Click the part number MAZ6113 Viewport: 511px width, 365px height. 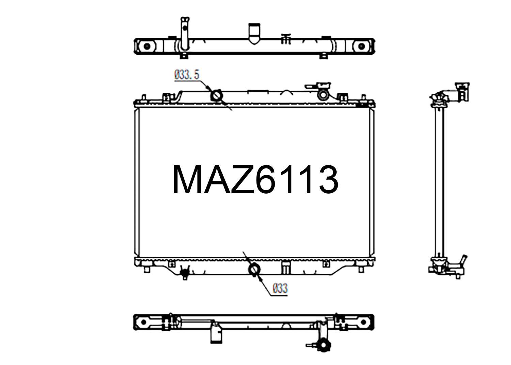click(255, 180)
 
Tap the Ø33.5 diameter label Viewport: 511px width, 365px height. click(187, 75)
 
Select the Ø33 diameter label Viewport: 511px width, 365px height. click(280, 288)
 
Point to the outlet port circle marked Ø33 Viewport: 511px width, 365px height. click(254, 269)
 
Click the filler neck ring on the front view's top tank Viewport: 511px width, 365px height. click(323, 94)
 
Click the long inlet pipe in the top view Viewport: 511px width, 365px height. click(184, 34)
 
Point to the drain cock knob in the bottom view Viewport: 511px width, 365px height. click(322, 345)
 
